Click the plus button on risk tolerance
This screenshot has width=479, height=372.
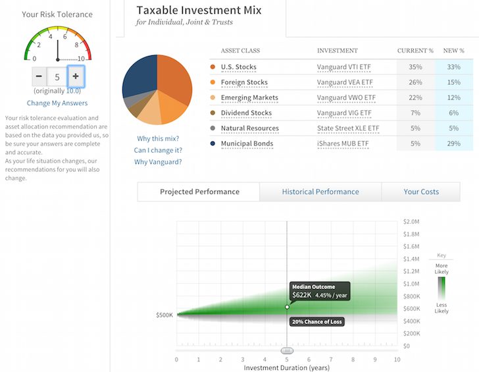(76, 76)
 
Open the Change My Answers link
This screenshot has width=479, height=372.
(57, 103)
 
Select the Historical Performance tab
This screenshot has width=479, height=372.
(320, 192)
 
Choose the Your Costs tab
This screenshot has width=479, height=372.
(421, 192)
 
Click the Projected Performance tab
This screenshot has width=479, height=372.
(199, 192)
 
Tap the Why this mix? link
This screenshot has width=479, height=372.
(158, 138)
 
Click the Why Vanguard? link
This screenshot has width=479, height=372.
(158, 161)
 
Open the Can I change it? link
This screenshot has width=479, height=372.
(158, 150)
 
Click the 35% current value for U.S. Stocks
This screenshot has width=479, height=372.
(415, 67)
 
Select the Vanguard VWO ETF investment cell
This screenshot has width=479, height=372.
(344, 97)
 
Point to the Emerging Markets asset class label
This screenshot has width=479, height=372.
(249, 97)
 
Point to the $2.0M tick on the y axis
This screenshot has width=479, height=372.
(411, 222)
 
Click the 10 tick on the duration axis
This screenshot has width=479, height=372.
(397, 359)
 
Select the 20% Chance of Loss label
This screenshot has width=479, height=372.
(317, 321)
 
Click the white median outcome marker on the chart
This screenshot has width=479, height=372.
(287, 307)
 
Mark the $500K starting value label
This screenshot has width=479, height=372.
(164, 315)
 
